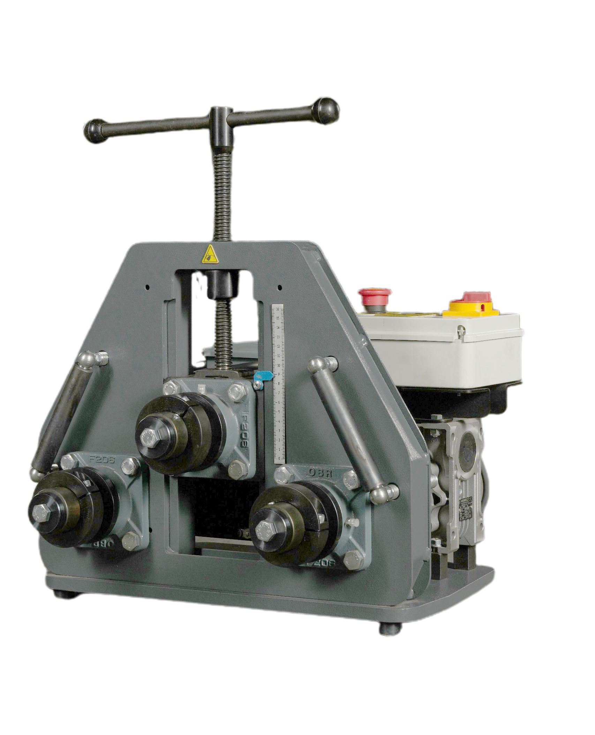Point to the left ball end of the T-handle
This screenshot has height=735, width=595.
coord(95,131)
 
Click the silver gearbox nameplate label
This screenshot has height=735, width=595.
coord(467,509)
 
